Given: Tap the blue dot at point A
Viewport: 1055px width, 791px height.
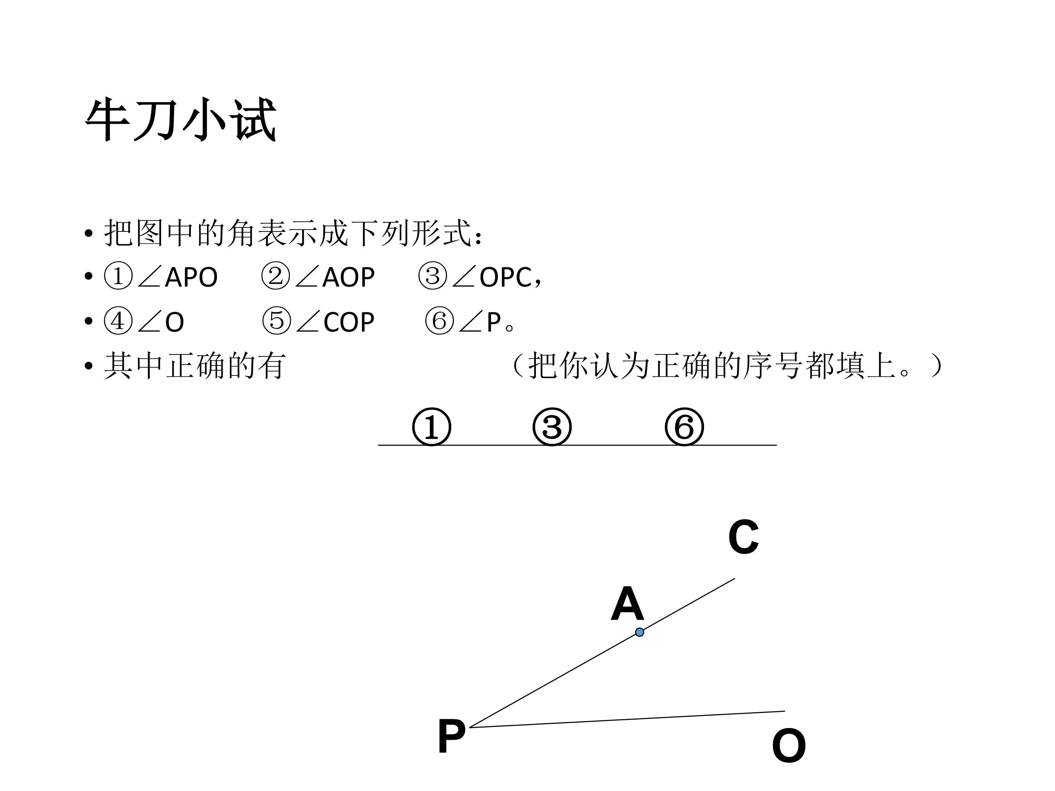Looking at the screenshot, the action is point(640,632).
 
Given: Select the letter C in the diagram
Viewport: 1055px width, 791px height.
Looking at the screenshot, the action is point(743,537).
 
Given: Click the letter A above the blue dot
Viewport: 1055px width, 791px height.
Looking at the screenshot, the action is point(627,604).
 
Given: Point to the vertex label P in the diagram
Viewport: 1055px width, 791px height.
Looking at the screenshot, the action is point(451,737).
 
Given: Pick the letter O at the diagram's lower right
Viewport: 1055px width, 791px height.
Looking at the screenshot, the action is point(789,746).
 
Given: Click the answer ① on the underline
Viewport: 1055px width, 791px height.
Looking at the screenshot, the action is point(431,427).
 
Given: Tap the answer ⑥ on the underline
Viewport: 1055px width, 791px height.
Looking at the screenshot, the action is point(684,427).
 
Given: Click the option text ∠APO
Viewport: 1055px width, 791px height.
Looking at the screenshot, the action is point(177,277).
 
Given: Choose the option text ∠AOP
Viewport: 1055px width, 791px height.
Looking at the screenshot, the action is point(335,277).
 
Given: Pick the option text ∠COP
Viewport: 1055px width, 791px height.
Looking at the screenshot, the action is point(335,322).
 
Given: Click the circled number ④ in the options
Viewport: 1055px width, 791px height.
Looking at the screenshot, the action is point(118,321).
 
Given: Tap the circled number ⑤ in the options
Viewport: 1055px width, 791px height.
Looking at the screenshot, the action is point(277,321).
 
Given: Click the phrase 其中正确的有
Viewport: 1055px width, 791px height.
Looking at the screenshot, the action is point(195,366).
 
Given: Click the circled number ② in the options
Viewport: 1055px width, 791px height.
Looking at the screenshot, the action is point(276,276).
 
